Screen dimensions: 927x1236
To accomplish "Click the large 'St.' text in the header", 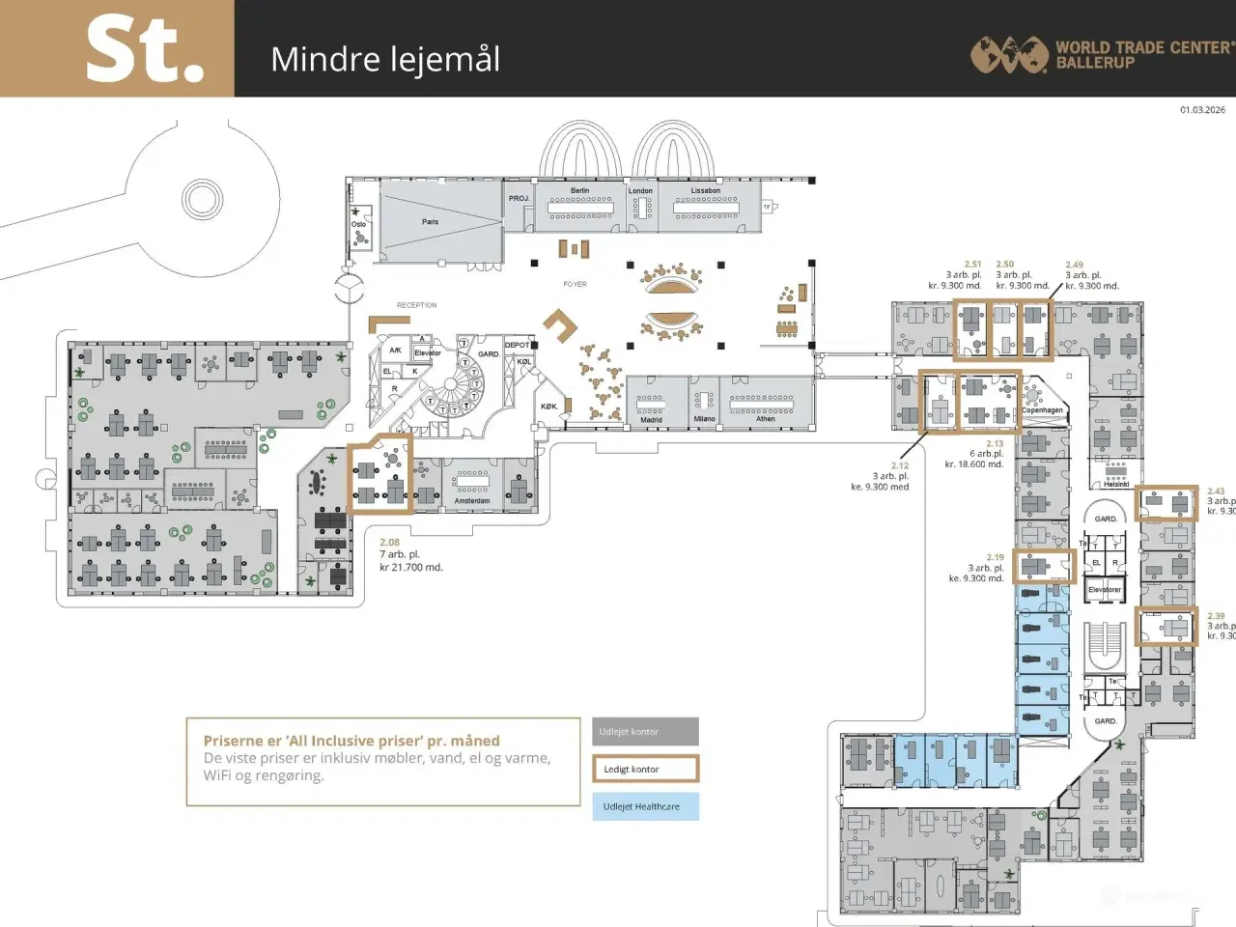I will [x=145, y=50].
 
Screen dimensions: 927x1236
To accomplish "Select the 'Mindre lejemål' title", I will [x=385, y=59].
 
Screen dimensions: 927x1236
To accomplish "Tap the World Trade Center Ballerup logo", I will [x=1101, y=54].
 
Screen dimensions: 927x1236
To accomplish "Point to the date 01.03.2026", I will [x=1202, y=110].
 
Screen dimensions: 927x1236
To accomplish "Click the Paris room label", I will [x=430, y=222].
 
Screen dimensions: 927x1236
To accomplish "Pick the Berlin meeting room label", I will [x=579, y=191].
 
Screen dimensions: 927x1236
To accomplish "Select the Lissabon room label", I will [x=705, y=191].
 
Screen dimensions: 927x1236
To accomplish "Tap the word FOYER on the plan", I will [x=575, y=284].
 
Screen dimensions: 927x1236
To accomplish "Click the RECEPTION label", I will [x=416, y=305].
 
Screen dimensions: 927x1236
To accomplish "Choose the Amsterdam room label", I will [x=472, y=501].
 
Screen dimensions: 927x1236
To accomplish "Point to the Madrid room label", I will [x=651, y=420].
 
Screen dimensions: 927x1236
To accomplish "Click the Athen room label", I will [x=765, y=419].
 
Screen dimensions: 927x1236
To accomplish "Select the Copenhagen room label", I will [x=1042, y=410].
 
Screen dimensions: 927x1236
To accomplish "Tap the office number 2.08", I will [x=389, y=543].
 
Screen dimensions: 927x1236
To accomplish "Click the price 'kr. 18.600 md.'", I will [x=973, y=464].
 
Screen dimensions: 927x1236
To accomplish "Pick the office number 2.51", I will [x=972, y=264].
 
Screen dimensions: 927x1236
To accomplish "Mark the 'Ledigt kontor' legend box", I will [x=645, y=769].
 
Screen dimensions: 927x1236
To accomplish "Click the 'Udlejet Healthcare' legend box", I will [x=645, y=806].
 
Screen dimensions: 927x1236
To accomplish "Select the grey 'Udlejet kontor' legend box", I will [x=645, y=732].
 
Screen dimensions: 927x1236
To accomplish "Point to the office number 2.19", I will [x=995, y=557].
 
